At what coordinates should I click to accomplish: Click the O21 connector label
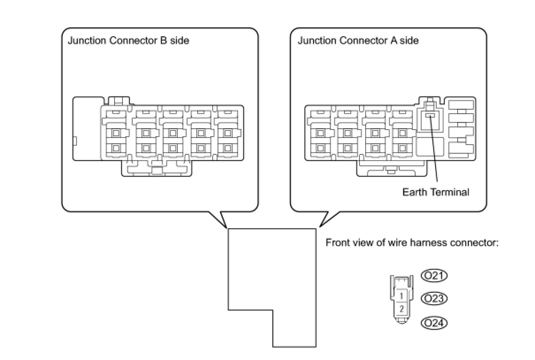click(x=434, y=276)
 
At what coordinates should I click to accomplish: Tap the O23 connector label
click(x=434, y=299)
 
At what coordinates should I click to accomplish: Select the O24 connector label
click(x=434, y=323)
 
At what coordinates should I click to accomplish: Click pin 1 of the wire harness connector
click(x=401, y=295)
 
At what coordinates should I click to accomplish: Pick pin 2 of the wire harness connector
click(x=401, y=308)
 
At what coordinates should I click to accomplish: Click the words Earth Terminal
click(x=435, y=192)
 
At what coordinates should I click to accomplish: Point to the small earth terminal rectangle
click(x=430, y=115)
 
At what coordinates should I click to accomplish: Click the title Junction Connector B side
click(x=128, y=41)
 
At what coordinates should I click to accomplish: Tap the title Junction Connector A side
click(x=358, y=41)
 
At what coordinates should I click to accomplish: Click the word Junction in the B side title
click(x=84, y=41)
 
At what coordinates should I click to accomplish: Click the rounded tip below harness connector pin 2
click(x=401, y=322)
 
